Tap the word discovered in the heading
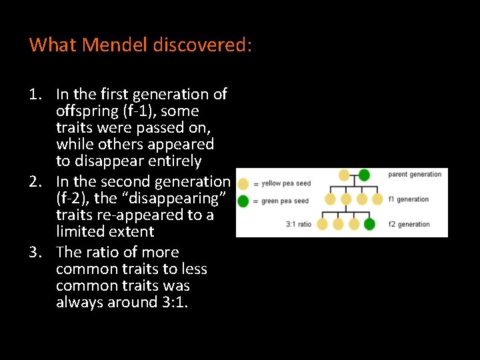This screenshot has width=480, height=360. pos(202,45)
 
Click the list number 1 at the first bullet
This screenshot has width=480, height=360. pos(35,94)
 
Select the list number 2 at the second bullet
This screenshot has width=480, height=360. pos(35,181)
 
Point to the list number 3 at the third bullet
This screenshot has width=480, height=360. pos(35,252)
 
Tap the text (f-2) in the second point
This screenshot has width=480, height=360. pos(75,198)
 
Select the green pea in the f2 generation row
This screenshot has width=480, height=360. pos(369,225)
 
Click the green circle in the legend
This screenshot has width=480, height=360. pos(244,200)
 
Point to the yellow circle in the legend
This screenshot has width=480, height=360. pos(244,183)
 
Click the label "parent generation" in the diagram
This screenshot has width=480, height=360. pos(415,175)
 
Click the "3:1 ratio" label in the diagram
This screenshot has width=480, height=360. pos(299,224)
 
